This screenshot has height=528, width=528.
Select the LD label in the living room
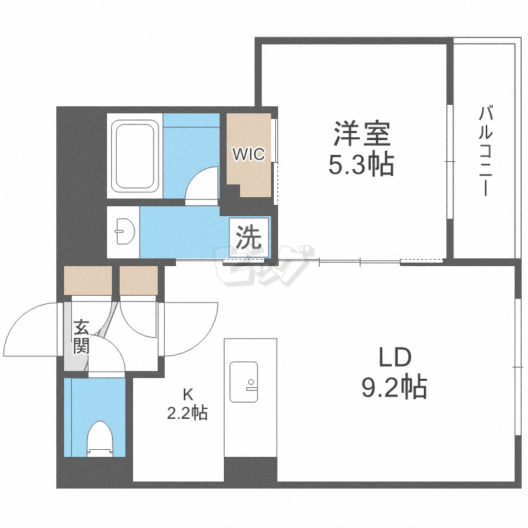point(394,358)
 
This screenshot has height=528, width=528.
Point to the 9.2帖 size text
point(394,386)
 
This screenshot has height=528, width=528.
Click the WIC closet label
point(249,153)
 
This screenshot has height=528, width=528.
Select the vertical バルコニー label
point(484,151)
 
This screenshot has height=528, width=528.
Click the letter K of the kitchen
point(188,394)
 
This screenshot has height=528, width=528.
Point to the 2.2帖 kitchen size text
point(187,413)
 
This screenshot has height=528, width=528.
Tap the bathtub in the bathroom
point(135,157)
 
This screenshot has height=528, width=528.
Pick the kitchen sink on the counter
point(244,382)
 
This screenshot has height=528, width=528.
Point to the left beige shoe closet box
point(88,280)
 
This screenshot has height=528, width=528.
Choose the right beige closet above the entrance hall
point(139,280)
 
